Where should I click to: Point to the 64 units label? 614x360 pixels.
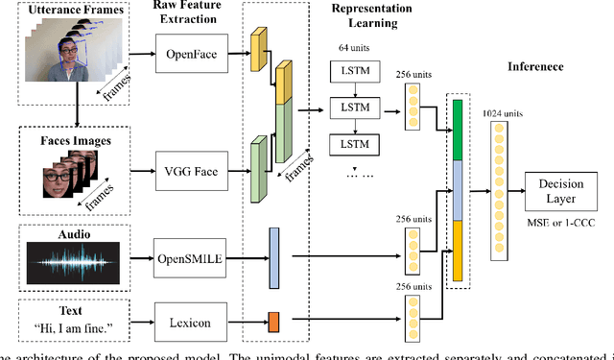coord(348,47)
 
